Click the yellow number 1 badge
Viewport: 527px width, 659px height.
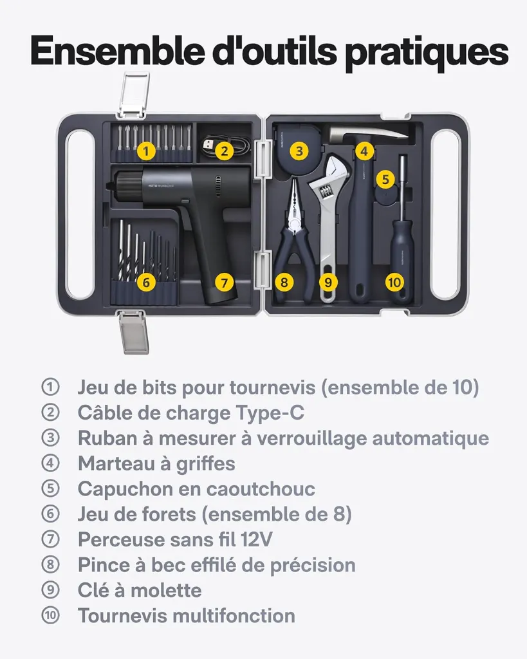(146, 151)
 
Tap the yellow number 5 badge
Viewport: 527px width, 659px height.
(385, 180)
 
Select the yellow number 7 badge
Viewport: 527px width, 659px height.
(224, 282)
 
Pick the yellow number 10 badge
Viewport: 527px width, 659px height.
(394, 282)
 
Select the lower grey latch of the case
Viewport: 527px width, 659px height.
(134, 331)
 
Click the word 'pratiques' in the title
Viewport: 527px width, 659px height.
(427, 53)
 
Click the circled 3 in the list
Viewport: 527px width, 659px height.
(50, 438)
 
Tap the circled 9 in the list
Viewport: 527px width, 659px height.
(50, 590)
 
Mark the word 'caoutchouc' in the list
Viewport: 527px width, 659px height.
(261, 489)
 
